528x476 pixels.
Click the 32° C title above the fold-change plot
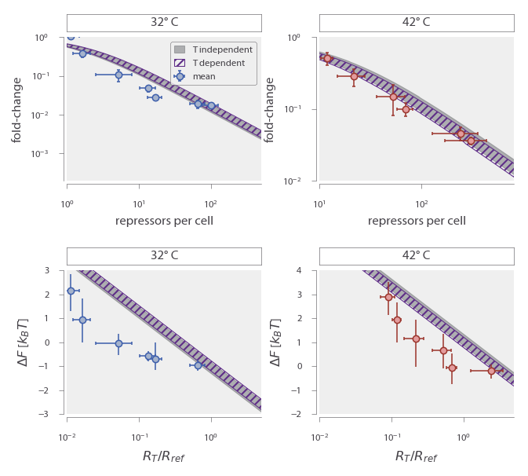[164, 22]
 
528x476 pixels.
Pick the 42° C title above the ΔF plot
[417, 255]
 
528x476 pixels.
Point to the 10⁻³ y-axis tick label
[49, 153]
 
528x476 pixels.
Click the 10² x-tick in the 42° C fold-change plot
[421, 192]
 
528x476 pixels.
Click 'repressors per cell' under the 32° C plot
[164, 221]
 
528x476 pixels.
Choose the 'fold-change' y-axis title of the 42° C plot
[270, 109]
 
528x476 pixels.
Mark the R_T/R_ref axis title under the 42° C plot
[417, 456]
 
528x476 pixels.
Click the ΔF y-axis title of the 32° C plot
[17, 342]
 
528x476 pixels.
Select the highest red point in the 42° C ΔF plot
[388, 297]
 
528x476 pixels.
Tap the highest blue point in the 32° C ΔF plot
[71, 291]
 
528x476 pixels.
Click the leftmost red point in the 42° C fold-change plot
[327, 58]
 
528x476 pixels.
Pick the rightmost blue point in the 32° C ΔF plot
[198, 365]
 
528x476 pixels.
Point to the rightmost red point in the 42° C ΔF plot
[491, 371]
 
